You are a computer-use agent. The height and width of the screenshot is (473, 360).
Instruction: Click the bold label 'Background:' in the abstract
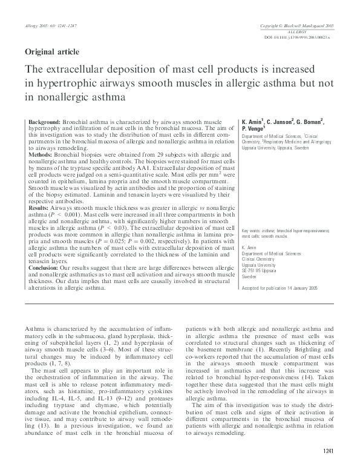pyautogui.click(x=45, y=122)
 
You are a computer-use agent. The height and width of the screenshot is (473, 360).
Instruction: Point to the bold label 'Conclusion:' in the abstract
pyautogui.click(x=45, y=267)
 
